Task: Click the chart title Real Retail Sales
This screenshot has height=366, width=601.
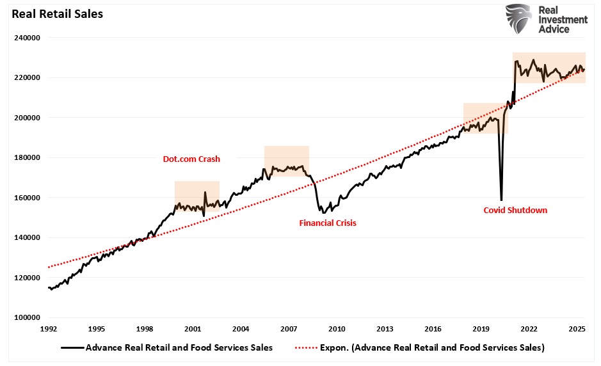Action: point(52,13)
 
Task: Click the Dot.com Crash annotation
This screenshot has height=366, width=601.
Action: point(191,159)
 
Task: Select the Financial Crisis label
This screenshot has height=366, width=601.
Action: point(328,223)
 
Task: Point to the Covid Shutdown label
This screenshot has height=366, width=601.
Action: point(515,210)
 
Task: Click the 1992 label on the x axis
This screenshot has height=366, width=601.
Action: point(49,329)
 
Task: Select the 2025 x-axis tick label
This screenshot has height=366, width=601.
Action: point(577,329)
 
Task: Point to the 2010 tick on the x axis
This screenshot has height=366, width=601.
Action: point(337,329)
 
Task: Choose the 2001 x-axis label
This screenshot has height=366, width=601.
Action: point(193,329)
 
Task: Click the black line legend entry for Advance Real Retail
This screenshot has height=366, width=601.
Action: point(168,347)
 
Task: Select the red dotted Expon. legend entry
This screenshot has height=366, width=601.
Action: point(419,347)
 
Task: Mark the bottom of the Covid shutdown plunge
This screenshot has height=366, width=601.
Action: point(501,200)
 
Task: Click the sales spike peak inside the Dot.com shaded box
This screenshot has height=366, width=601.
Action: point(205,192)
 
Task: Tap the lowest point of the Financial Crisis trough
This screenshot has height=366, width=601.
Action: point(323,212)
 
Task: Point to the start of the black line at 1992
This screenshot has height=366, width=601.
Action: point(49,288)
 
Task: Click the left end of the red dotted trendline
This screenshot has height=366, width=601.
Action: point(49,267)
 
